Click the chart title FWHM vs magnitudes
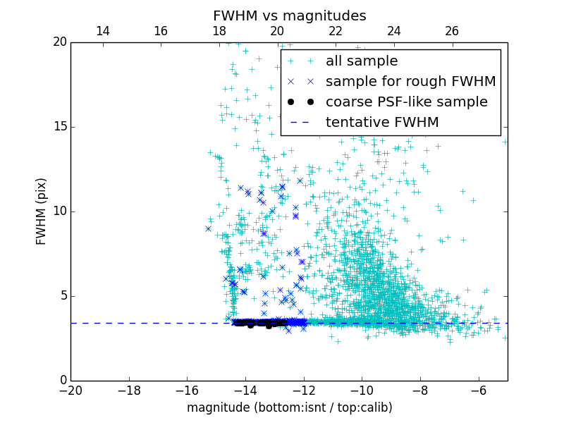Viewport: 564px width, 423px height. click(x=289, y=16)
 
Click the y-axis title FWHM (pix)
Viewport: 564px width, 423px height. click(x=42, y=211)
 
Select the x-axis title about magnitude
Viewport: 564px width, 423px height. click(x=289, y=407)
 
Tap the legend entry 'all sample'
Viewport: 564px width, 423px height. click(x=361, y=61)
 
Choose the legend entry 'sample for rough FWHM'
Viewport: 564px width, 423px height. click(x=410, y=82)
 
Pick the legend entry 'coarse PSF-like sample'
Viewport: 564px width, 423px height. click(x=406, y=102)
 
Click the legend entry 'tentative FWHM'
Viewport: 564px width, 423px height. click(x=382, y=123)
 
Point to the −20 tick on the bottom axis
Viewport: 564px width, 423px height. click(x=70, y=390)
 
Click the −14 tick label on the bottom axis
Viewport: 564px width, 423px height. click(x=245, y=390)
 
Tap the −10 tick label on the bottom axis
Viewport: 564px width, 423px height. click(x=361, y=390)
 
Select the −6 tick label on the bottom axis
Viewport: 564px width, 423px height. click(x=478, y=390)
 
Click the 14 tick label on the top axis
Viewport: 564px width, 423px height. click(x=102, y=31)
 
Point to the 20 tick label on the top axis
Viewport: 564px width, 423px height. click(x=277, y=31)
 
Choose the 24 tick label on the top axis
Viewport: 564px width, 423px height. click(x=394, y=31)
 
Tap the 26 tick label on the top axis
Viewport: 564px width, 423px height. click(x=452, y=31)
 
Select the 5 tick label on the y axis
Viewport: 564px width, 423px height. click(x=61, y=296)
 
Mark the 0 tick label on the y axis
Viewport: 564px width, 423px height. click(x=61, y=381)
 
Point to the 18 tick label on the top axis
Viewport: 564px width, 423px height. click(x=219, y=31)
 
